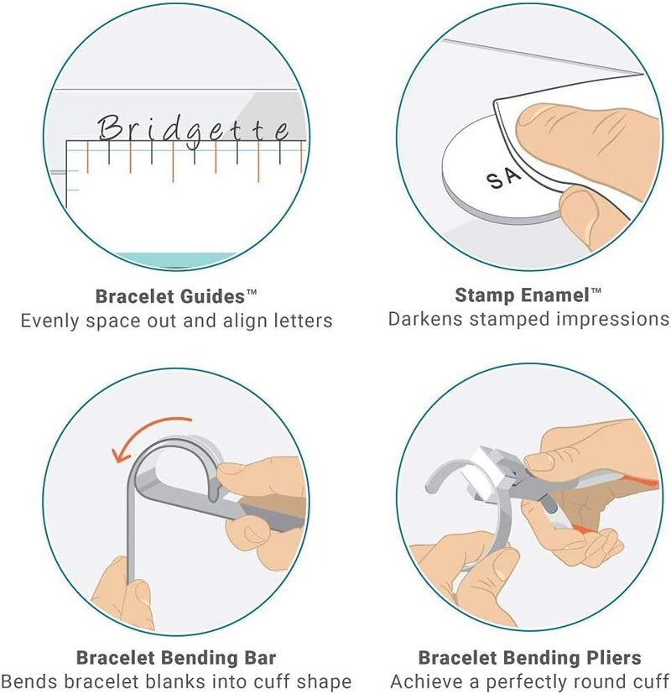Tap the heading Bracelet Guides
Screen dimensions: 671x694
[170, 296]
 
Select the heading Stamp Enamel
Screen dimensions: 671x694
[522, 295]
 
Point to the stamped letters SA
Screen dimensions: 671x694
[504, 178]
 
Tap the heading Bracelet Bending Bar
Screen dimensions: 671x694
[176, 658]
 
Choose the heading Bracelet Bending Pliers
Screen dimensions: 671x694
[529, 658]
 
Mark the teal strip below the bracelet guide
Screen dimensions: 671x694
[176, 259]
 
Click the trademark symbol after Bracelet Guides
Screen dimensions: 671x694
[252, 292]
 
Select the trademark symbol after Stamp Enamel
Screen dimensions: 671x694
[596, 290]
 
